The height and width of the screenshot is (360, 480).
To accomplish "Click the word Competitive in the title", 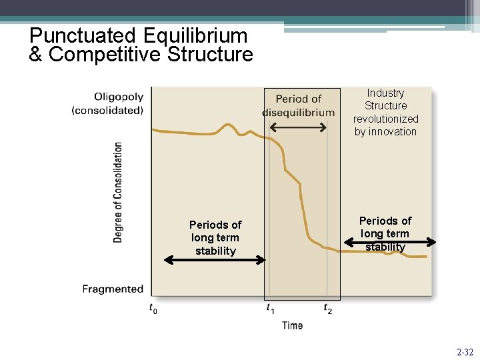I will click(105, 55).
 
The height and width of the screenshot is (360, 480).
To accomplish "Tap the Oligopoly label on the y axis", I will click(119, 97).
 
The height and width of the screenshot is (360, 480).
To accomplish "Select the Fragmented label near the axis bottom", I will click(113, 289).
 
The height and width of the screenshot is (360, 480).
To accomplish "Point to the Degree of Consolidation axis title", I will click(118, 192).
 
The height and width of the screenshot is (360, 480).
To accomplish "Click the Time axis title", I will click(292, 325).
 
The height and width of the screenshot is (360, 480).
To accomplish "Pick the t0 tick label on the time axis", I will click(153, 309).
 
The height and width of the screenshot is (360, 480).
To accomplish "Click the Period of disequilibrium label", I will click(299, 105).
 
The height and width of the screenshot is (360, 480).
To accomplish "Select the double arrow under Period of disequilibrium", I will click(299, 127).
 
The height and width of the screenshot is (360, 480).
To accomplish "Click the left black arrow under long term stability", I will click(215, 260).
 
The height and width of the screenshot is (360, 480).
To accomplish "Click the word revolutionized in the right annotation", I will click(386, 119).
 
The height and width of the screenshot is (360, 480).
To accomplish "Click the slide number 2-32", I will click(465, 351).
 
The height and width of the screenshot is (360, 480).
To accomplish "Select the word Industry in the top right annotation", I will click(385, 93).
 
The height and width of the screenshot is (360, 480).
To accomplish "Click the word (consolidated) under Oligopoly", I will click(107, 110).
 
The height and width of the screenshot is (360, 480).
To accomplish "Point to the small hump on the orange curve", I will click(229, 126).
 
